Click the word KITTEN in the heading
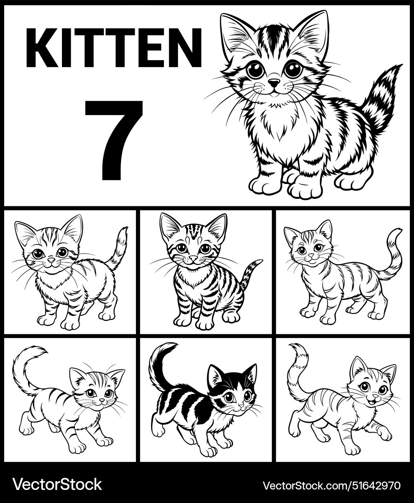click(114, 48)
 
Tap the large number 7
click(115, 139)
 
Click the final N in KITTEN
click(185, 48)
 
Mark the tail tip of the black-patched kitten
click(173, 345)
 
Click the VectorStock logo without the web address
click(57, 484)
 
